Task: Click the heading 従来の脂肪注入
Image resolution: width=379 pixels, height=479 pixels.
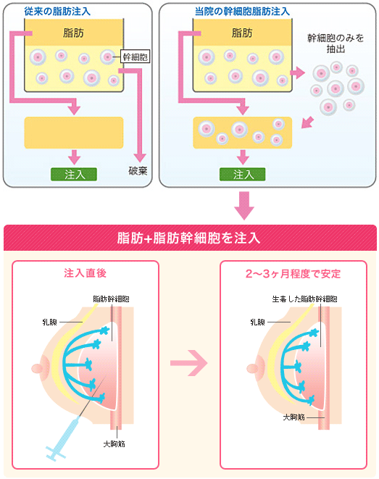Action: (47, 10)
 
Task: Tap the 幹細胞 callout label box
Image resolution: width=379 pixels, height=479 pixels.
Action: (135, 54)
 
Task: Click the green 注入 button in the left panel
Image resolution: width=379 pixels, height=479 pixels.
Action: (74, 174)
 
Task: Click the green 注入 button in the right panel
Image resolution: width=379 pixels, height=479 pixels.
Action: (243, 175)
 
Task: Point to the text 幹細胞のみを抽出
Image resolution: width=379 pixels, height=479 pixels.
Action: (336, 43)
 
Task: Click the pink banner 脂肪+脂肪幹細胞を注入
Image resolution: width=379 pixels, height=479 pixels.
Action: (189, 238)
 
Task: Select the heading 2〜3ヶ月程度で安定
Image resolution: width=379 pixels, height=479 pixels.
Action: (293, 274)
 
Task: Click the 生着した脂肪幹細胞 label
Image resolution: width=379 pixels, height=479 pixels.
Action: (304, 299)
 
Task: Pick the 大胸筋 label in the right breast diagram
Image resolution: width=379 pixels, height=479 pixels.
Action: (293, 418)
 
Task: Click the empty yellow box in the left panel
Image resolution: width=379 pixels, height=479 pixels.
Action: (74, 132)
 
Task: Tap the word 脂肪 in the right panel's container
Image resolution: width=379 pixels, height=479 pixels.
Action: (243, 33)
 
